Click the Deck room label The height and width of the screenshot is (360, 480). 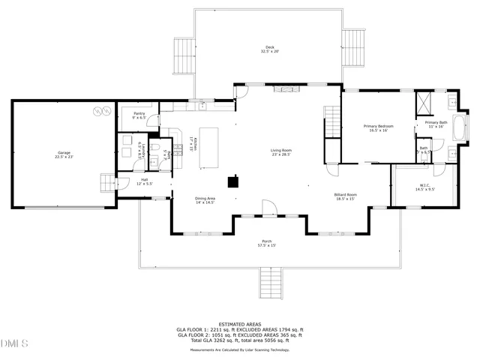point(268,49)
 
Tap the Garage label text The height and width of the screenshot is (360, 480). point(64,154)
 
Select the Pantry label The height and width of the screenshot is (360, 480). point(139,115)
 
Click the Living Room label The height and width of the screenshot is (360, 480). point(281,152)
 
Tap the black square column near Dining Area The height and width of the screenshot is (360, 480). point(234,180)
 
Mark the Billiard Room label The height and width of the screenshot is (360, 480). point(346,196)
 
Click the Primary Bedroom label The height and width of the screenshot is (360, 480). point(378,127)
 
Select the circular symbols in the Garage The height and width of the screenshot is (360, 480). point(98,112)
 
